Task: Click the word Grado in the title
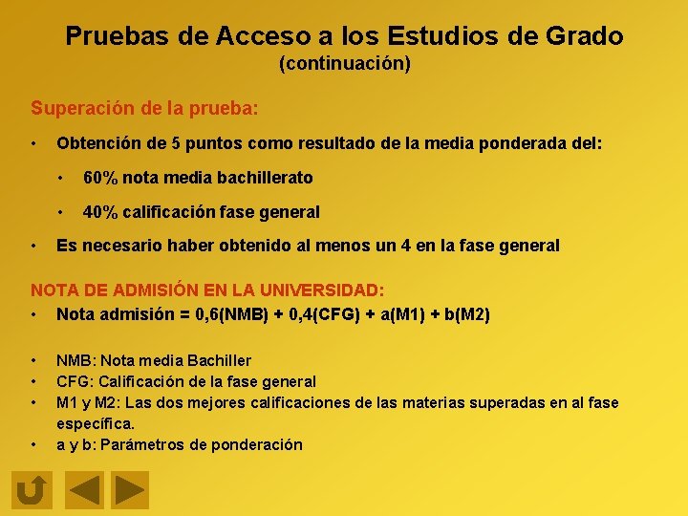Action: [x=584, y=36]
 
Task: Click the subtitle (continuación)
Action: [x=344, y=64]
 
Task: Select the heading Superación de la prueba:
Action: [x=144, y=108]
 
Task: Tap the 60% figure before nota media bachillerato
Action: [x=100, y=178]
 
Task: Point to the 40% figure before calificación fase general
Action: [x=100, y=211]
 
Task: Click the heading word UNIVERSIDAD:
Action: [x=329, y=290]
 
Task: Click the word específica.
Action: [x=96, y=422]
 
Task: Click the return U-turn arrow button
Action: [x=32, y=491]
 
